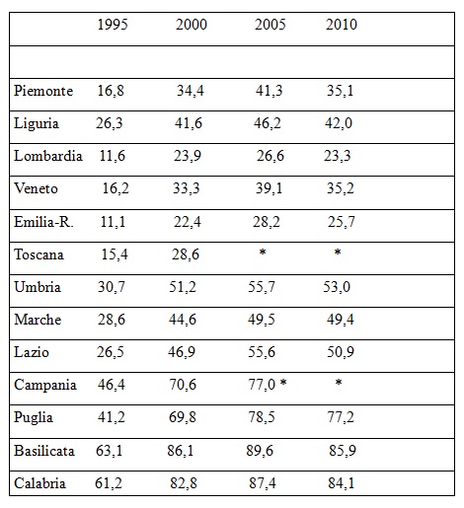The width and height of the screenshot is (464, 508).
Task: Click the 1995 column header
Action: pos(113,25)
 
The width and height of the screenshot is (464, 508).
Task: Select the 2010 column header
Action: pos(342,25)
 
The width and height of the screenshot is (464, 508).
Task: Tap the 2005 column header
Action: pos(270,25)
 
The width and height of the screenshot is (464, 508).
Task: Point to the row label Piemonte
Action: pos(43,91)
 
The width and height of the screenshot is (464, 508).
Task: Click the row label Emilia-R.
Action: pos(43,222)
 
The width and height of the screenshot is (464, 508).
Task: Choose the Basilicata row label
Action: pos(44,451)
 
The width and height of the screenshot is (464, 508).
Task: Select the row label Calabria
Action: pos(39,483)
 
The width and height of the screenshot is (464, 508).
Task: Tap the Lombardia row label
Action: pos(48,156)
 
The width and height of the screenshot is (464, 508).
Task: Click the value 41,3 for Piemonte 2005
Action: pos(269,91)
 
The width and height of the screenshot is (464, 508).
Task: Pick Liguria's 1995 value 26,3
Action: pos(110,123)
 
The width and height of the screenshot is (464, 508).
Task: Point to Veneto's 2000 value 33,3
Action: pos(187,188)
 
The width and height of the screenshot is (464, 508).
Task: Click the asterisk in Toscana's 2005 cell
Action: pos(263,253)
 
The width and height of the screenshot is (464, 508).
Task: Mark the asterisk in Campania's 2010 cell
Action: pos(339,383)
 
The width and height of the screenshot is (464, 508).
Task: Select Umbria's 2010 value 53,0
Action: pos(337,287)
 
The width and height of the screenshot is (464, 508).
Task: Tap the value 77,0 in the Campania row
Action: pos(262,385)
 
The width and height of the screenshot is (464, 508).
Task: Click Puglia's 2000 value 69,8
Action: pos(183,417)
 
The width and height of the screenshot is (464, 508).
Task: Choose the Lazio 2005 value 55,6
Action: pos(262,352)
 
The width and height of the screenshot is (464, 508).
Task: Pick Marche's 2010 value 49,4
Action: pos(341,320)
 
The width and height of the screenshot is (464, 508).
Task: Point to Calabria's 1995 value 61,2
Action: pos(109,483)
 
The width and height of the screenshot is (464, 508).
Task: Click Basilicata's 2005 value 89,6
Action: pos(260,451)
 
